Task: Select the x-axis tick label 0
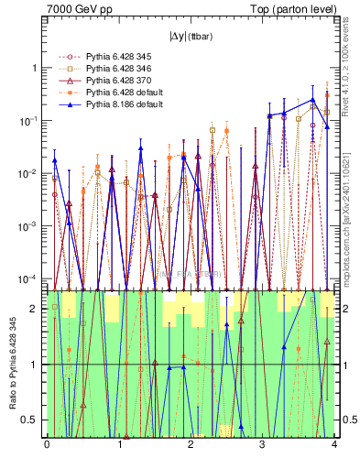(x=47, y=444)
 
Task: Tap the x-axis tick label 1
(x=119, y=444)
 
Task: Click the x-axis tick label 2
(x=191, y=444)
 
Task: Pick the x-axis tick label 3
(x=263, y=444)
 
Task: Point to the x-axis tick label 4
(x=334, y=444)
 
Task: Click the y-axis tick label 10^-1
(x=31, y=121)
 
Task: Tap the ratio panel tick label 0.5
(x=33, y=420)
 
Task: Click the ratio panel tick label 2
(x=38, y=309)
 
